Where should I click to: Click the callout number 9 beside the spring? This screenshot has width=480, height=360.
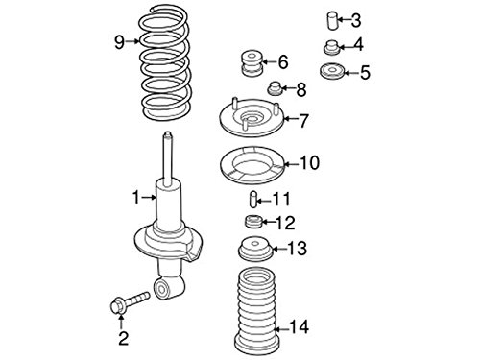click(x=118, y=40)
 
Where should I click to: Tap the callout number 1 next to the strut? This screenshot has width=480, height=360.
click(x=136, y=197)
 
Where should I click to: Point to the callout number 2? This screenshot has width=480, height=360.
click(x=122, y=336)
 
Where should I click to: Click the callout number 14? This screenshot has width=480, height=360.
click(x=300, y=327)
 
